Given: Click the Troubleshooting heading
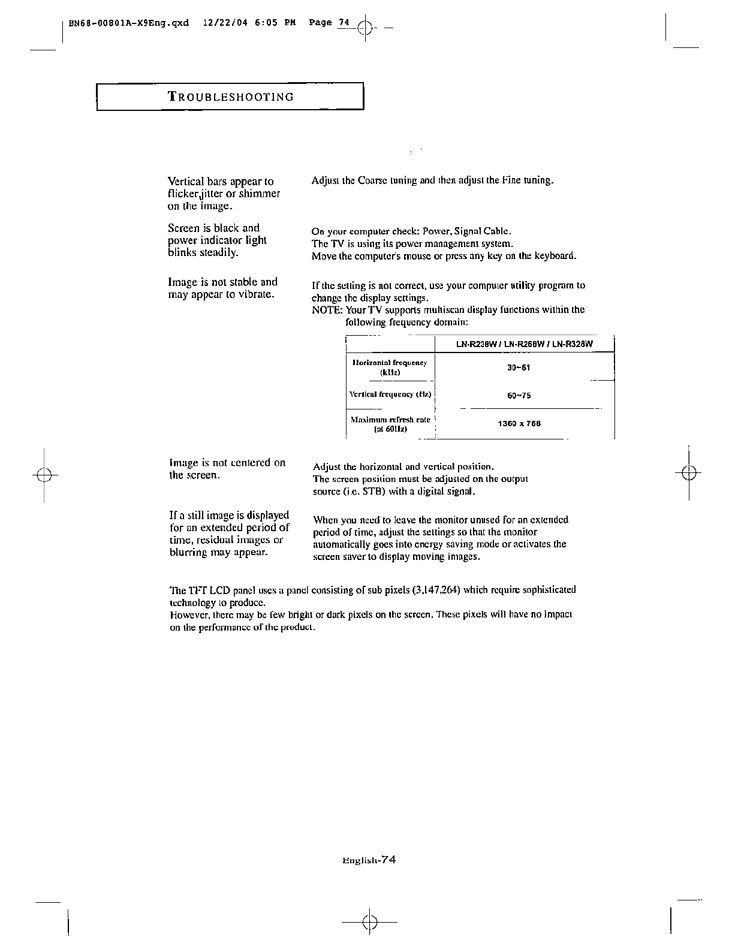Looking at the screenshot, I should tap(231, 97).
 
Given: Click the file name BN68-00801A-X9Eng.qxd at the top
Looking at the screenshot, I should tap(129, 23).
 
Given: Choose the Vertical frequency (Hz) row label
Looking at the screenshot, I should tap(390, 395).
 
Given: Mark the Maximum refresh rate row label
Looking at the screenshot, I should tap(390, 424).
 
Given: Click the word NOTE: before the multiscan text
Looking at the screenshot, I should tap(327, 310).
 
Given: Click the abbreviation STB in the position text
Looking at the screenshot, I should tap(363, 492).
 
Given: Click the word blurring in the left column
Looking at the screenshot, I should tap(189, 553).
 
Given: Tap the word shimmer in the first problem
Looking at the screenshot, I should tap(259, 194).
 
